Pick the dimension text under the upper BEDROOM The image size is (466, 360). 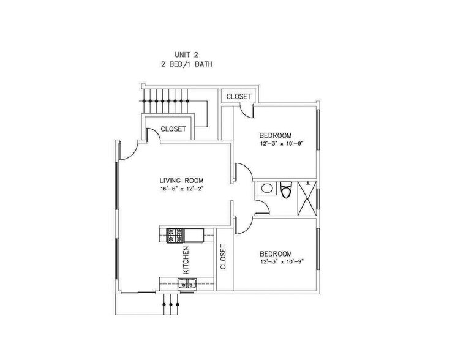tap(282, 144)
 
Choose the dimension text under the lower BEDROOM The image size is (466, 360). tap(282, 262)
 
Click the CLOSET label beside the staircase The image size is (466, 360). tap(173, 129)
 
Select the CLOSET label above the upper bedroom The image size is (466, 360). tap(239, 97)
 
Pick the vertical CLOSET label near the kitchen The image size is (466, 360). tap(223, 257)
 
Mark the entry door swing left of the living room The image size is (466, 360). tap(127, 151)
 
